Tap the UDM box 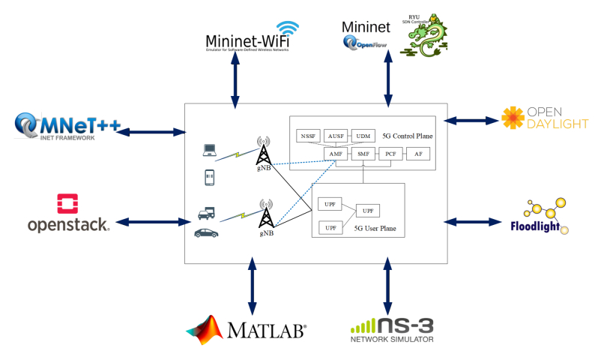(x=363, y=136)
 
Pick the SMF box (x=363, y=154)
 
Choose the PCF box (x=390, y=154)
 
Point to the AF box (x=417, y=154)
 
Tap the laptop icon (x=210, y=151)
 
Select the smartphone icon (x=210, y=178)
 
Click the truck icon (x=209, y=213)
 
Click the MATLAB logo (x=247, y=328)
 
